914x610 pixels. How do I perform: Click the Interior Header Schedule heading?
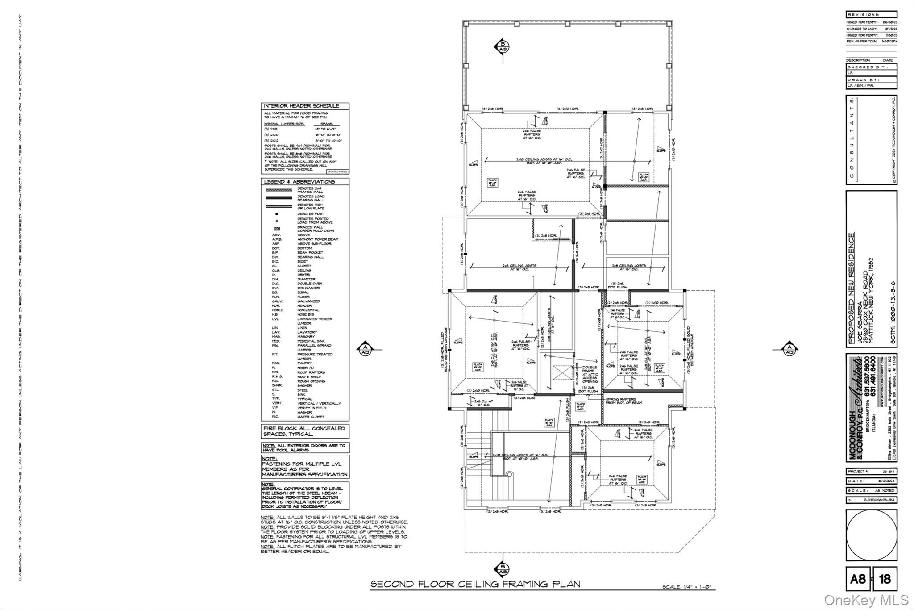pyautogui.click(x=301, y=106)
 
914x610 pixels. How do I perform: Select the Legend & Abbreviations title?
pyautogui.click(x=299, y=182)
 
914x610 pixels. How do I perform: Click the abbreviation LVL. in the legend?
pyautogui.click(x=275, y=319)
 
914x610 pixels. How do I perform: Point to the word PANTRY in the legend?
pyautogui.click(x=304, y=363)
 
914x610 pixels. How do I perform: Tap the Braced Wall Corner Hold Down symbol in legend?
pyautogui.click(x=277, y=229)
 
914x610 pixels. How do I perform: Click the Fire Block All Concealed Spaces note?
pyautogui.click(x=304, y=431)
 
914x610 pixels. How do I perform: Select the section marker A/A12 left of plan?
pyautogui.click(x=365, y=349)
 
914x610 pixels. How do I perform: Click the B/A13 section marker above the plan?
pyautogui.click(x=503, y=46)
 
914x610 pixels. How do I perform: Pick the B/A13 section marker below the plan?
pyautogui.click(x=503, y=569)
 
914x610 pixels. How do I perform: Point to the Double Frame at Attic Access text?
pyautogui.click(x=590, y=374)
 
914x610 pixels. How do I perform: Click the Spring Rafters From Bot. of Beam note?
pyautogui.click(x=623, y=401)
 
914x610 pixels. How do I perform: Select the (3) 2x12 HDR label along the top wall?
pyautogui.click(x=567, y=109)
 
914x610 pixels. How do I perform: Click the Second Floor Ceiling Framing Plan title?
pyautogui.click(x=475, y=584)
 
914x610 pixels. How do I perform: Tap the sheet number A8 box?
pyautogui.click(x=858, y=579)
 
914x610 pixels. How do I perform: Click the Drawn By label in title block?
pyautogui.click(x=864, y=79)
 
